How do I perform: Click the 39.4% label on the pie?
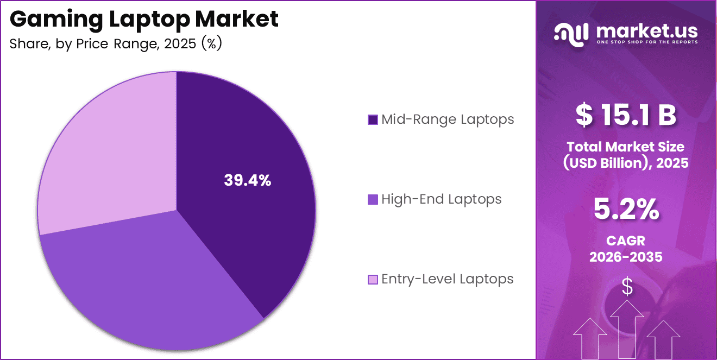pyautogui.click(x=247, y=181)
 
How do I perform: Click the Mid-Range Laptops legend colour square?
pyautogui.click(x=373, y=119)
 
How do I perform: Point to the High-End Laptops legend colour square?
pyautogui.click(x=373, y=199)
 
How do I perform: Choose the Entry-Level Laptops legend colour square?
pyautogui.click(x=373, y=279)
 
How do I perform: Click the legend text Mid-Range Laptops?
pyautogui.click(x=448, y=119)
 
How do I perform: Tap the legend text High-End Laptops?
pyautogui.click(x=441, y=199)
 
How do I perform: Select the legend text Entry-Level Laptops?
pyautogui.click(x=447, y=279)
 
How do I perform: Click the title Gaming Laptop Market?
pyautogui.click(x=144, y=19)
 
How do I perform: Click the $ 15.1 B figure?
pyautogui.click(x=626, y=115)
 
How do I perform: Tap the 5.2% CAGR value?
pyautogui.click(x=626, y=210)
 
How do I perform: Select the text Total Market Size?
pyautogui.click(x=626, y=147)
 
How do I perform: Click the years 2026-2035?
pyautogui.click(x=626, y=257)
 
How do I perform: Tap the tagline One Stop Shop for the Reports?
pyautogui.click(x=647, y=42)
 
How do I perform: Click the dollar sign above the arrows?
pyautogui.click(x=627, y=287)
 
